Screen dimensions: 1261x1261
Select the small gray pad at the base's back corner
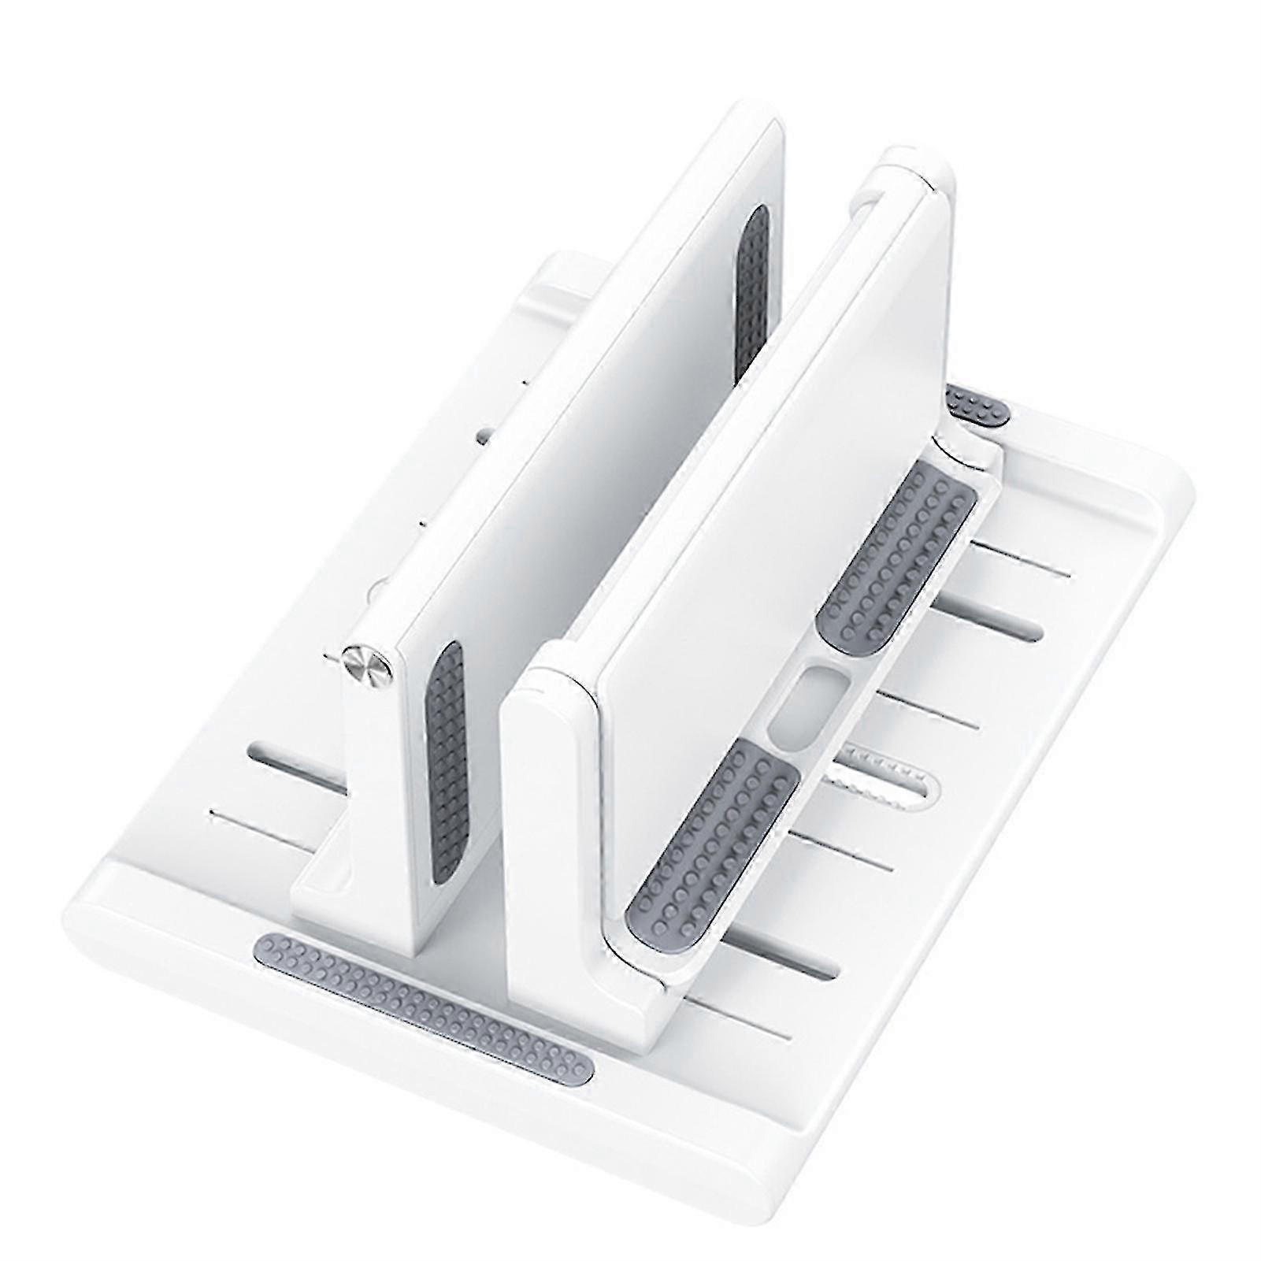[x=977, y=406]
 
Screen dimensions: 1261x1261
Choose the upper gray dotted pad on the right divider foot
[x=898, y=551]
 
